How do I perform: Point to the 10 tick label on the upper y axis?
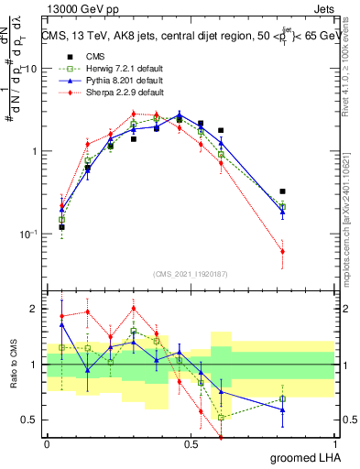pos(30,69)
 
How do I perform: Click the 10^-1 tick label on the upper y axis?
pos(28,234)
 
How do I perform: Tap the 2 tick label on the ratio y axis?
pos(34,309)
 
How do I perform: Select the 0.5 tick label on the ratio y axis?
pos(30,420)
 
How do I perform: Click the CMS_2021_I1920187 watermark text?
pos(190,273)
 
